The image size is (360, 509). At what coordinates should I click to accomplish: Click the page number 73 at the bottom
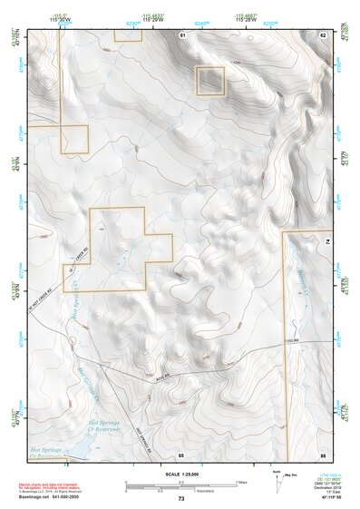pyautogui.click(x=180, y=499)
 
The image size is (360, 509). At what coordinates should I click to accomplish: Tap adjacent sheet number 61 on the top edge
pyautogui.click(x=182, y=34)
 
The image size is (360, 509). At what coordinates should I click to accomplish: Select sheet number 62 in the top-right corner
pyautogui.click(x=322, y=34)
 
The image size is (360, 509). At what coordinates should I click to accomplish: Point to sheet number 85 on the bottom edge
pyautogui.click(x=181, y=453)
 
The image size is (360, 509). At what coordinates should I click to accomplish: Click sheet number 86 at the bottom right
pyautogui.click(x=322, y=453)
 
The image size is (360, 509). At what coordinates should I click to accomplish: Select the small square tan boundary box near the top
pyautogui.click(x=210, y=81)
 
